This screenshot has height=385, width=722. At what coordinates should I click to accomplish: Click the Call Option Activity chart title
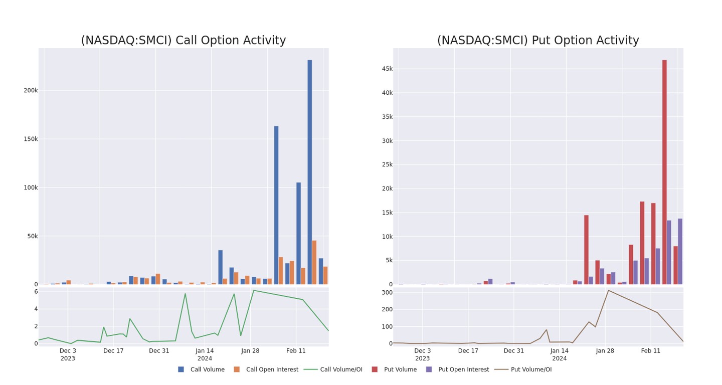[183, 41]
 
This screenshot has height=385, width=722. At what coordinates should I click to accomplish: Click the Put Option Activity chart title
[537, 41]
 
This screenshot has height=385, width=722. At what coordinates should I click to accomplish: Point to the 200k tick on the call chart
[31, 91]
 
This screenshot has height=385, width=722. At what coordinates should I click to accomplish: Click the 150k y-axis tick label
[31, 139]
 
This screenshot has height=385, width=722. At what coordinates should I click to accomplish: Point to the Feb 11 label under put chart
[651, 351]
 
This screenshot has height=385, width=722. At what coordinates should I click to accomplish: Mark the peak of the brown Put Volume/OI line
[608, 290]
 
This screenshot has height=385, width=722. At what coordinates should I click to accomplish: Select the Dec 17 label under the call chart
[113, 351]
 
